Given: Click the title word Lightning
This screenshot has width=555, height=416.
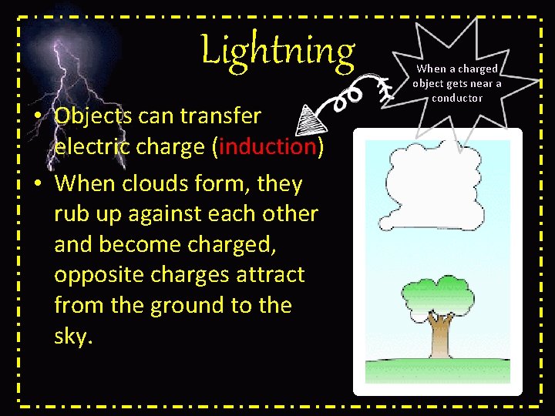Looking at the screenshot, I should click(277, 51).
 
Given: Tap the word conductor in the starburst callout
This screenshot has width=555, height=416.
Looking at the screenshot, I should click(457, 98).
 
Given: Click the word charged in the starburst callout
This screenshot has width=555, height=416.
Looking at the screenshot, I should click(477, 69).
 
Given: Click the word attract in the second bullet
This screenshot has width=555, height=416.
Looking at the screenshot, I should click(267, 275).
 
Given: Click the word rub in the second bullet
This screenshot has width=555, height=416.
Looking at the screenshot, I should click(72, 214).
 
